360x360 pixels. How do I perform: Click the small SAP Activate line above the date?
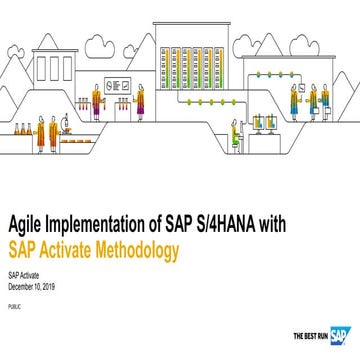pos(22,273)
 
